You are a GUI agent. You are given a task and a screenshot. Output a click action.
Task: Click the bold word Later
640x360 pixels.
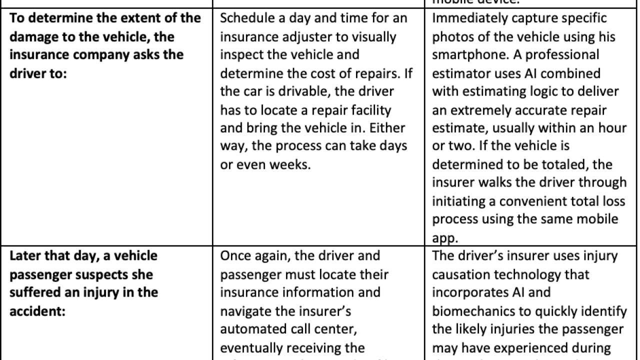[26, 256]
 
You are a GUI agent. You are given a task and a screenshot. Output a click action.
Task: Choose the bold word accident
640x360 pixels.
[32, 311]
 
